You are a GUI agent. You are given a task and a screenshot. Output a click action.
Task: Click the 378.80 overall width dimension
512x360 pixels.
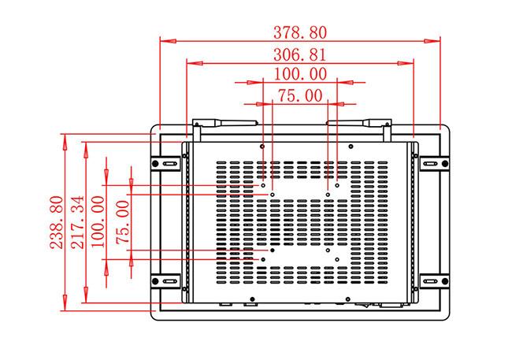pos(300,32)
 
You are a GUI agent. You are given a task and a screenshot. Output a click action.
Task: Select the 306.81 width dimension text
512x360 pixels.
pos(300,54)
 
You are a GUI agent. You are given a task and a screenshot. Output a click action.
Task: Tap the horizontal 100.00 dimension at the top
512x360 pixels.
pos(300,74)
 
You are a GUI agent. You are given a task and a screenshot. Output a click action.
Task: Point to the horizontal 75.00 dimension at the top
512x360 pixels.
pos(300,96)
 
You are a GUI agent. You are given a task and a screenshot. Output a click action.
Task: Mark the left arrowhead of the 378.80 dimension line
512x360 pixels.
pos(164,39)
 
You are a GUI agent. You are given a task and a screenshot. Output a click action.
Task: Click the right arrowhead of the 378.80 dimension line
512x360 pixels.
pos(436,39)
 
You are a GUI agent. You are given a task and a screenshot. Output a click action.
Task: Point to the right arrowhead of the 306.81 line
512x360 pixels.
pos(410,62)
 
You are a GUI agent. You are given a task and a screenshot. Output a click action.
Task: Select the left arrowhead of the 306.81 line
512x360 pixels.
pos(190,62)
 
